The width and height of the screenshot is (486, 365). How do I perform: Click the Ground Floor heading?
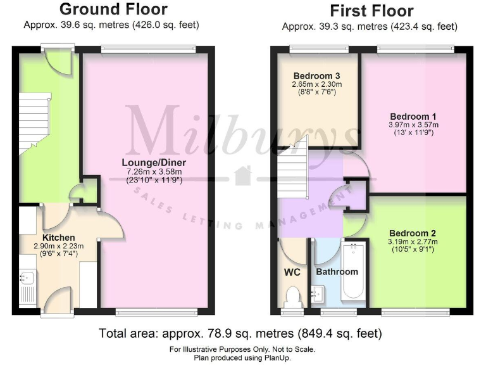click(113, 10)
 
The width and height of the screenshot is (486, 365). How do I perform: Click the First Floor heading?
click(371, 11)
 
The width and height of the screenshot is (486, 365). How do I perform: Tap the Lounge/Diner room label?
click(154, 162)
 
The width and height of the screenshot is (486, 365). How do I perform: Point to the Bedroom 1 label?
click(413, 117)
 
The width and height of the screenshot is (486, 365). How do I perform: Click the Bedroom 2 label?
click(412, 233)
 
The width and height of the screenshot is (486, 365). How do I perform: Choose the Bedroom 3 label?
click(316, 75)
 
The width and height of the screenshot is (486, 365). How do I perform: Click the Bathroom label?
click(337, 272)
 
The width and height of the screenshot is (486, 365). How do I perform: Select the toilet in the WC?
click(293, 296)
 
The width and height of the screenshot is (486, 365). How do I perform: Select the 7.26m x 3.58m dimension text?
click(154, 171)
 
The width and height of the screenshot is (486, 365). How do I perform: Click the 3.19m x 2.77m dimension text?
click(412, 241)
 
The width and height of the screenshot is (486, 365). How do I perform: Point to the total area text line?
click(240, 333)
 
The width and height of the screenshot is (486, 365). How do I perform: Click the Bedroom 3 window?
click(318, 49)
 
